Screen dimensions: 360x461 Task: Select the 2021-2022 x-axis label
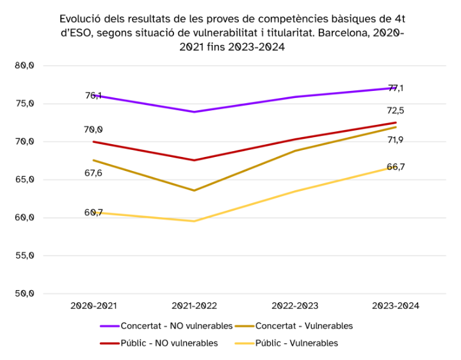click(195, 306)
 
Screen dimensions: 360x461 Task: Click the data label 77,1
click(396, 88)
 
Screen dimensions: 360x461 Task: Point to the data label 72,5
click(396, 111)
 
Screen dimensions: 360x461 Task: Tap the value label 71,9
click(396, 140)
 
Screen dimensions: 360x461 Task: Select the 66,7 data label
click(396, 167)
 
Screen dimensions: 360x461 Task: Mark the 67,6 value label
click(93, 173)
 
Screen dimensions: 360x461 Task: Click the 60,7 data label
click(93, 212)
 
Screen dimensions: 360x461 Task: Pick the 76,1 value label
click(93, 95)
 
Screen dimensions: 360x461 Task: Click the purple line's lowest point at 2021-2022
click(195, 112)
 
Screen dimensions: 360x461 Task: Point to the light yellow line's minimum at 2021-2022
click(195, 221)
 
